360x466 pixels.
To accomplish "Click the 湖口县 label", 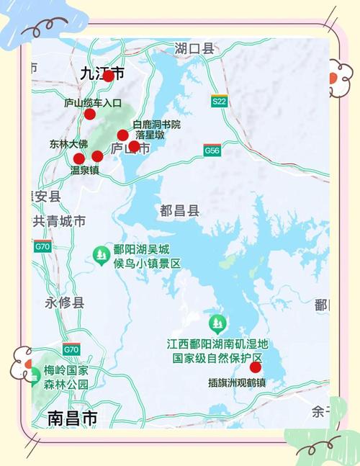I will tap(194, 49).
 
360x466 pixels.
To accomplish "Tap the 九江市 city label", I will tap(102, 73).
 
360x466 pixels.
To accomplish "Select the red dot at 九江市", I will tap(108, 76).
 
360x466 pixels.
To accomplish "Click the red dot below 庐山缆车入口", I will tap(90, 114).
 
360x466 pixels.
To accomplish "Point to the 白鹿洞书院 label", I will tap(157, 125).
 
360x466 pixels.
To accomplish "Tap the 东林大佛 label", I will tap(70, 143).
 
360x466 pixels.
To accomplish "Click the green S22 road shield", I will tap(220, 102).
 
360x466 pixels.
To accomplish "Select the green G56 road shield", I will tap(212, 151).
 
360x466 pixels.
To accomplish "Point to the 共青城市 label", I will tap(59, 221).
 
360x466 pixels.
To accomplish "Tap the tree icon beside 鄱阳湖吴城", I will tap(102, 254).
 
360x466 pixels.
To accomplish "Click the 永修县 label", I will tap(65, 303).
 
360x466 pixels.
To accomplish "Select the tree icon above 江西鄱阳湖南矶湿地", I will tap(217, 323).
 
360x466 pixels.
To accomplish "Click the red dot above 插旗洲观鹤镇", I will tap(255, 367).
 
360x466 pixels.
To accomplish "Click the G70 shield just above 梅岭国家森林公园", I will tap(71, 350).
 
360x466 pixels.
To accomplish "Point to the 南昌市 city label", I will tap(72, 418).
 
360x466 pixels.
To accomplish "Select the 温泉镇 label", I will tap(84, 171).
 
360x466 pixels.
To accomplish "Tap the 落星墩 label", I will tap(150, 135).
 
